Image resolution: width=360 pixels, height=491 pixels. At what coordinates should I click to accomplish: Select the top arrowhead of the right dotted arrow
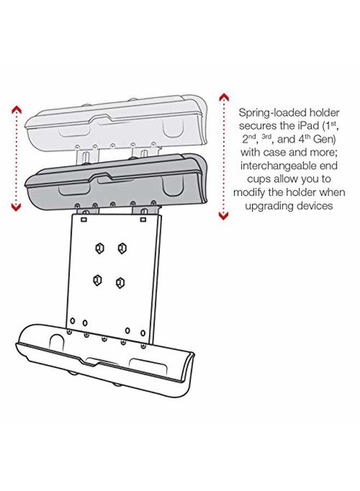coord(224,98)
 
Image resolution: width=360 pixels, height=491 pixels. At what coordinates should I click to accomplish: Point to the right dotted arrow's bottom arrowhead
coord(224,216)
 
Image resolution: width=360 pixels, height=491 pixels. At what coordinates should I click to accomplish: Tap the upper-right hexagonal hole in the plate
coord(122,248)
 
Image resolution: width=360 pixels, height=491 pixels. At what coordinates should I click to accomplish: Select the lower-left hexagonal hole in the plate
coord(97,280)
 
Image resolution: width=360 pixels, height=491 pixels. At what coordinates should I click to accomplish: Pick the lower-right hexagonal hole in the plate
coord(119,283)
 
